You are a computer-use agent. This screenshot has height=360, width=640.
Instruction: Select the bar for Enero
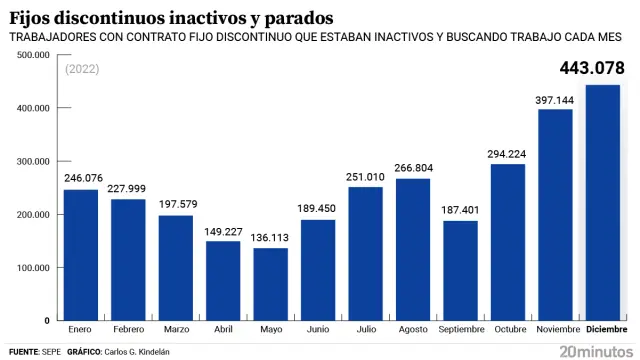pos(81,255)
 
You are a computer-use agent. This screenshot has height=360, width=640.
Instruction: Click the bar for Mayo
pos(270,284)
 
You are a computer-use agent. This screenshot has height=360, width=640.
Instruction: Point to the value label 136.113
pos(270,239)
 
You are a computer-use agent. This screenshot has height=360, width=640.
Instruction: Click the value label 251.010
pos(365,178)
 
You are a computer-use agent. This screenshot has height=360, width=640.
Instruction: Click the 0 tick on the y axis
pos(47,321)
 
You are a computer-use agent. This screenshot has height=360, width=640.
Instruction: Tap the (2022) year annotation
pos(83,70)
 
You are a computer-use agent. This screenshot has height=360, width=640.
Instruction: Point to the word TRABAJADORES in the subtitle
pos(57,38)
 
